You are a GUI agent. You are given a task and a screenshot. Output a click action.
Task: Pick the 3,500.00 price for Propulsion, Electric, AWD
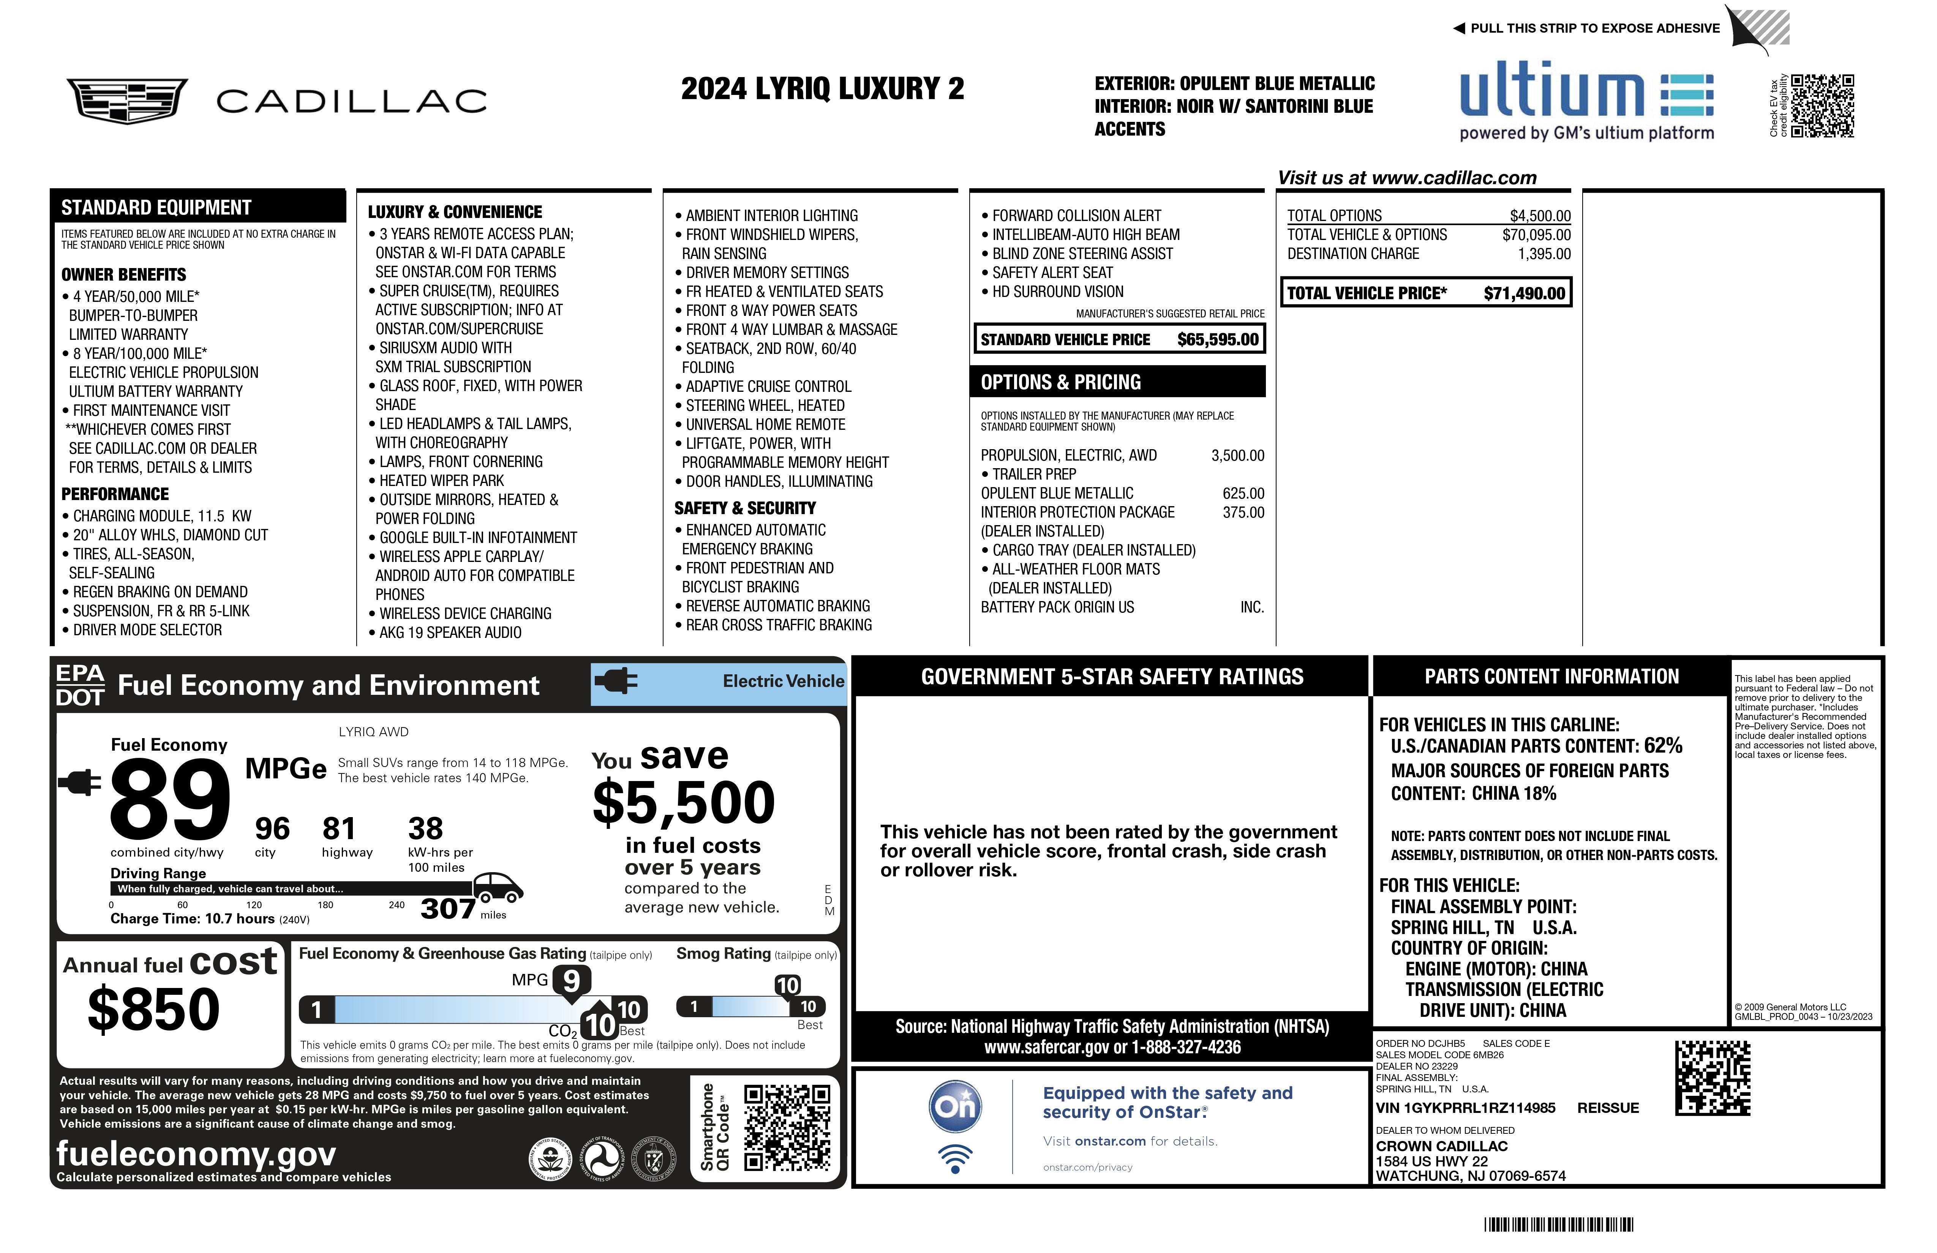(1237, 456)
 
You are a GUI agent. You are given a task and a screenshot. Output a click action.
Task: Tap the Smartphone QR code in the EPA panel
(787, 1127)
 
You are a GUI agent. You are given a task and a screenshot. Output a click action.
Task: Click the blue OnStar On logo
(956, 1106)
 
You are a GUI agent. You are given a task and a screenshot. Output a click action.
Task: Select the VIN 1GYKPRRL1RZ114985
(1465, 1108)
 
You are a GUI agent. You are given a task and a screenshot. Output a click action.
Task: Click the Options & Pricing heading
(1060, 382)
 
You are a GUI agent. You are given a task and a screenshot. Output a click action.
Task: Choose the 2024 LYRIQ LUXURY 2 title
(822, 89)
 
